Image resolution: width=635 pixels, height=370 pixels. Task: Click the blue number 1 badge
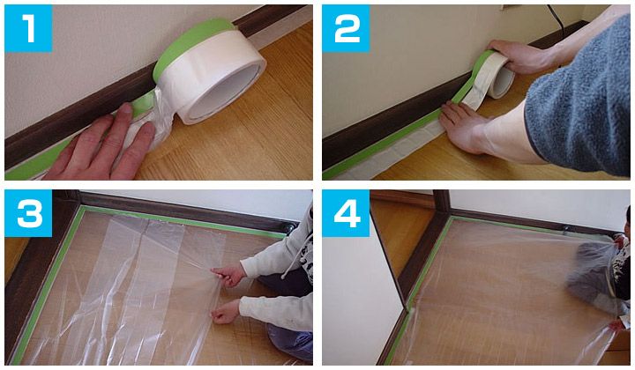(x=28, y=28)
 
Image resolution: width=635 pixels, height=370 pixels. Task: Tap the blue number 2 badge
(x=346, y=28)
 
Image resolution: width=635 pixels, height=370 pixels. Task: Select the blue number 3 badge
(x=28, y=213)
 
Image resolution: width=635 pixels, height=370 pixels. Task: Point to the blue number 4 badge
(x=346, y=213)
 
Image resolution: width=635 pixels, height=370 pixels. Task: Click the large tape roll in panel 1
(x=210, y=70)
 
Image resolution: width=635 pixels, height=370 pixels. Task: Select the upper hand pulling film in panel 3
(x=228, y=276)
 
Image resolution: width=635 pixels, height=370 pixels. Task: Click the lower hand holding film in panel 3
(x=226, y=312)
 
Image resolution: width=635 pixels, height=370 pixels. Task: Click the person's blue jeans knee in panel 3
(x=289, y=342)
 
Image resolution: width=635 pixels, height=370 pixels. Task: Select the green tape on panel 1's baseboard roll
(x=193, y=43)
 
